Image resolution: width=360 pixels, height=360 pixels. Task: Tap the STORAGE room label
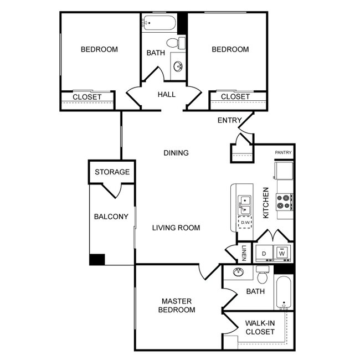(x=112, y=172)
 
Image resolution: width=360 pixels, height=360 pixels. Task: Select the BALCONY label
(x=111, y=217)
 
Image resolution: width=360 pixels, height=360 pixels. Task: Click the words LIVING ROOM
(x=176, y=228)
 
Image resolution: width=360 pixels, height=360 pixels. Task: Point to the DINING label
(x=176, y=153)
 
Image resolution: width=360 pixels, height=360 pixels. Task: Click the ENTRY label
(x=229, y=120)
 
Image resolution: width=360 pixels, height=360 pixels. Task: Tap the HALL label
(x=166, y=94)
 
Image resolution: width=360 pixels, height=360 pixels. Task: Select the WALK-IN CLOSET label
(x=260, y=327)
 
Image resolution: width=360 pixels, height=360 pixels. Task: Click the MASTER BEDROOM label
(x=177, y=305)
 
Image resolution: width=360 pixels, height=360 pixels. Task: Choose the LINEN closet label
(x=244, y=253)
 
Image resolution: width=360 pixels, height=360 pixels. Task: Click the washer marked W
(x=282, y=253)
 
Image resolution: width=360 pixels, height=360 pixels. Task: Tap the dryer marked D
(x=264, y=253)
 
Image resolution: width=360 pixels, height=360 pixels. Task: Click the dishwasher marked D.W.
(x=244, y=222)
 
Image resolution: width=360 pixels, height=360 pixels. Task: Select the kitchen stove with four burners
(x=284, y=201)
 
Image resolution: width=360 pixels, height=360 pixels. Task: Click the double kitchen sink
(x=244, y=203)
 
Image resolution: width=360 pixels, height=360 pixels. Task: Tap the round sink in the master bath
(x=238, y=272)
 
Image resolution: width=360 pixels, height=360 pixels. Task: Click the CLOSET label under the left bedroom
(x=88, y=97)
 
